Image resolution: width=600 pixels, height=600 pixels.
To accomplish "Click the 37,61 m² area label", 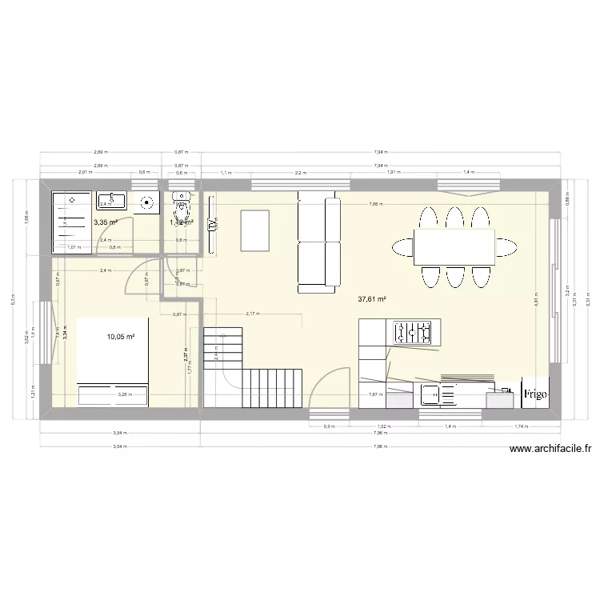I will (372, 299).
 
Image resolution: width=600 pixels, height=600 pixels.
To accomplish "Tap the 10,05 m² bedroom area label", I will (120, 337).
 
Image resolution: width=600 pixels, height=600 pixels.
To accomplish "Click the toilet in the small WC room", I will (183, 205).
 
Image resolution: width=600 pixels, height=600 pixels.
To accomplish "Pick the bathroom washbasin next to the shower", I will (112, 200).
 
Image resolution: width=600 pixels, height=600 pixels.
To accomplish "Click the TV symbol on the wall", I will (212, 226).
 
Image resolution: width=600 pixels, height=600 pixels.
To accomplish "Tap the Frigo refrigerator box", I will (534, 393).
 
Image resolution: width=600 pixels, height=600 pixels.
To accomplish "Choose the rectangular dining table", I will (454, 246).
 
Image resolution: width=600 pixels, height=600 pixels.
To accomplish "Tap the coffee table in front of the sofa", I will (254, 229).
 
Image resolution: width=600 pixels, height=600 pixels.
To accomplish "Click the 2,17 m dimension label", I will (254, 314).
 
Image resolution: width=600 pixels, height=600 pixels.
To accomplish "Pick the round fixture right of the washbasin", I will (147, 202).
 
